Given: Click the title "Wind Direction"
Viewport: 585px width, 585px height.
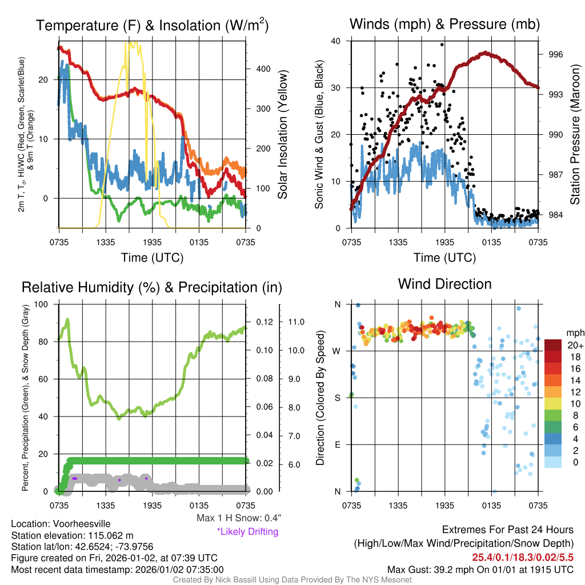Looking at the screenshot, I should tap(444, 284).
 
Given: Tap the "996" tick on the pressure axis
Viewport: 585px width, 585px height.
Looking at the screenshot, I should tap(556, 54).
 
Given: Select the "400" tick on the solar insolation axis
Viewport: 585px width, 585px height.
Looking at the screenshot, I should tap(263, 69).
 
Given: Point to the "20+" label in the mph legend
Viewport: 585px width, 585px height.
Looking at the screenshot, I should tap(575, 345).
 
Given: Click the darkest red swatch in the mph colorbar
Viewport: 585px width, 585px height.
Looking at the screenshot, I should tap(554, 345).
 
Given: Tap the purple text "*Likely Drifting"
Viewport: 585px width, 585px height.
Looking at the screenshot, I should tap(247, 532).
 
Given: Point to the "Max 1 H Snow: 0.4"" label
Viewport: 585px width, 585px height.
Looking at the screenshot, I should tap(238, 518).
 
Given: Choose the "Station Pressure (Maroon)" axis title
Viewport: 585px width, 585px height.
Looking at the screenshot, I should tap(575, 135).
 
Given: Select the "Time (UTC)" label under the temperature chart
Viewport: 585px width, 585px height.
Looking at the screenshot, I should tap(152, 258).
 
